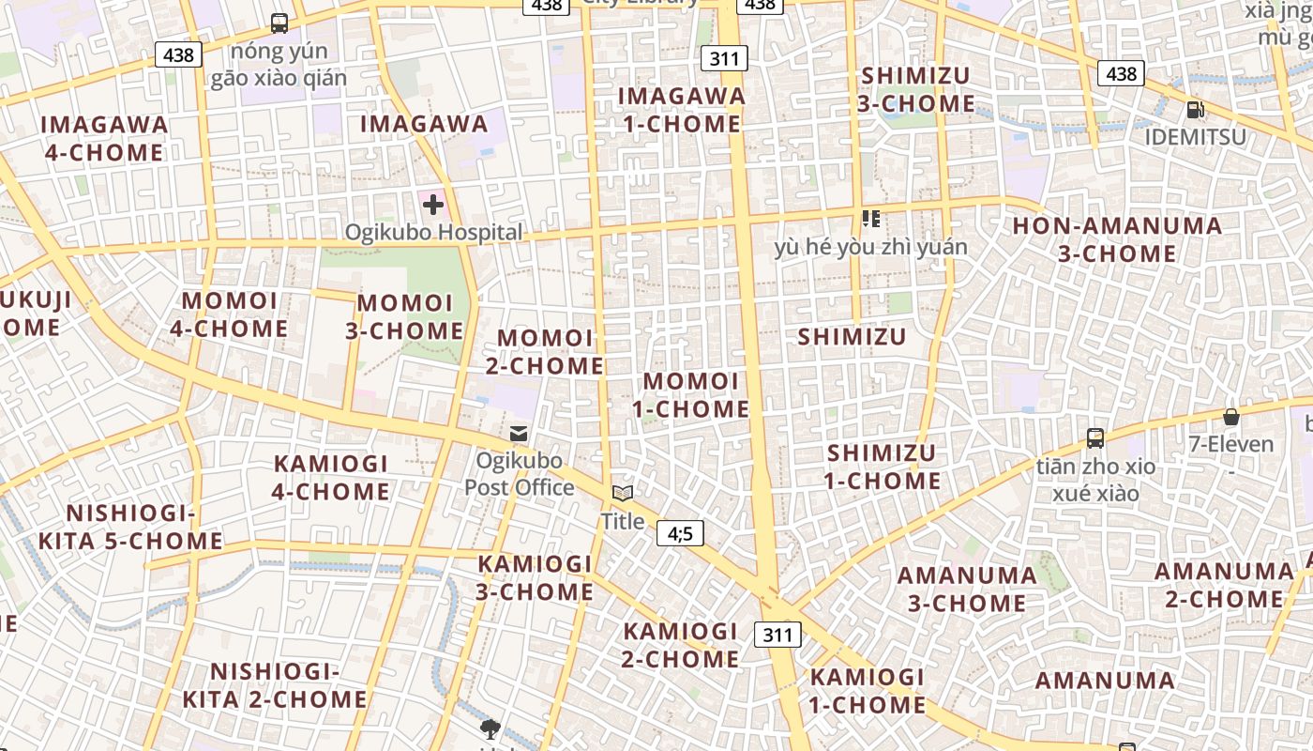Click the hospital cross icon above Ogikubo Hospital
[432, 203]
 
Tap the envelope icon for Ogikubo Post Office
[518, 434]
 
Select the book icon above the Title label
[623, 493]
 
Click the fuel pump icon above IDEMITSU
[1195, 110]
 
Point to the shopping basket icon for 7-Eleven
[1231, 417]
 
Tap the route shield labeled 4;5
[680, 533]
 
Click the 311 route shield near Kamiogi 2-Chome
[777, 635]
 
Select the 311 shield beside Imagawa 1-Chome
[724, 59]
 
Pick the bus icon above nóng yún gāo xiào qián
[279, 23]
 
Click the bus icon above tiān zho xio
[1094, 437]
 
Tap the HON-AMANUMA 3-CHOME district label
[1117, 239]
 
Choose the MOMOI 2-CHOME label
[545, 351]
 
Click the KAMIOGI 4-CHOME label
[330, 477]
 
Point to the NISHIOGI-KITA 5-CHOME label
[130, 527]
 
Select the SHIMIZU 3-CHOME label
[915, 89]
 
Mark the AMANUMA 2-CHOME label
[1224, 585]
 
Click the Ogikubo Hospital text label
[433, 232]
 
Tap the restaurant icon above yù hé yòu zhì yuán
[870, 219]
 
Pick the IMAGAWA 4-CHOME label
[104, 138]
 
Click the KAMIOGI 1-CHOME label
[868, 690]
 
